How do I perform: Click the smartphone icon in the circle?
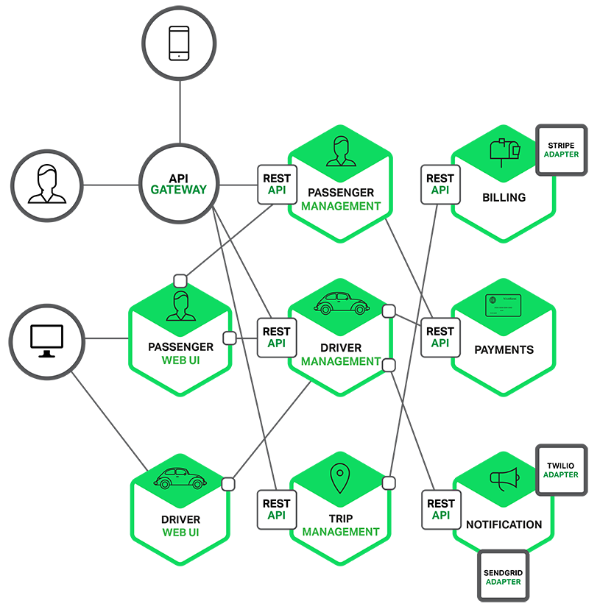[x=179, y=43]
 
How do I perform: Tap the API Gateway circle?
[x=179, y=184]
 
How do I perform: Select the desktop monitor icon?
[x=47, y=341]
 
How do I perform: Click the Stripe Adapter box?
[x=561, y=151]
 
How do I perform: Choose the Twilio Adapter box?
[x=561, y=471]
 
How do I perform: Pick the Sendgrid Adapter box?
[x=503, y=577]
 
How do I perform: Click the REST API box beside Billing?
[x=440, y=185]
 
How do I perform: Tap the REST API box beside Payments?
[x=440, y=338]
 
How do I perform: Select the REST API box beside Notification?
[x=441, y=510]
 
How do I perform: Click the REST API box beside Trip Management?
[x=277, y=510]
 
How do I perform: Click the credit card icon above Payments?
[x=504, y=305]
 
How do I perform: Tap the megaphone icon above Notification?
[x=504, y=479]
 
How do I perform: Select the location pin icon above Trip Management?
[x=339, y=478]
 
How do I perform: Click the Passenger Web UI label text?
[x=180, y=354]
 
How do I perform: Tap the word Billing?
[x=504, y=197]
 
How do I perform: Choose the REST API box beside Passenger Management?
[x=277, y=185]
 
